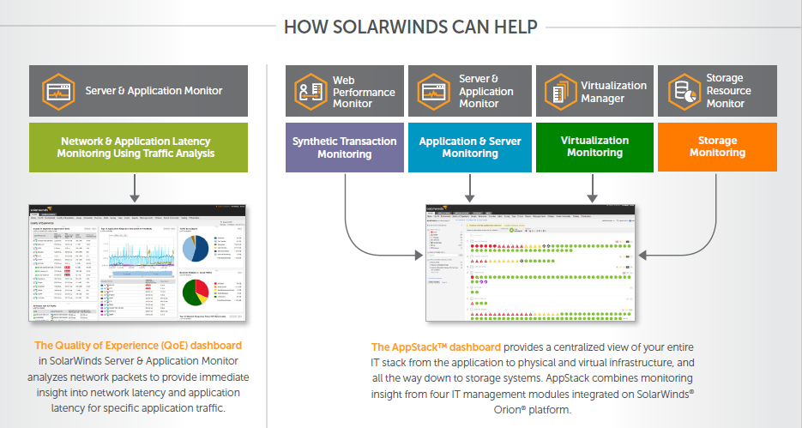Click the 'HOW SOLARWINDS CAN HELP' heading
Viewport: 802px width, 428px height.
tap(411, 27)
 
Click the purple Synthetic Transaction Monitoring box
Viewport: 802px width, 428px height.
tap(344, 148)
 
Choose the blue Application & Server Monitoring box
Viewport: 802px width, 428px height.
tap(470, 148)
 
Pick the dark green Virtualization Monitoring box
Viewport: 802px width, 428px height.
tap(594, 148)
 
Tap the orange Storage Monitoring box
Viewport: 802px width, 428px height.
tap(717, 148)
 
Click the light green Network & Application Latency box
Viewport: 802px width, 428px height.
tap(138, 148)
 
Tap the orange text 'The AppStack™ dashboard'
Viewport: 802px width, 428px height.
tap(436, 347)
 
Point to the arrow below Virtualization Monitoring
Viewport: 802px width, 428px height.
tap(594, 187)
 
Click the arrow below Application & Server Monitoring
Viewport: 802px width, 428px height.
tap(470, 187)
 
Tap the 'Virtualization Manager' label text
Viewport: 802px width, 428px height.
tap(613, 92)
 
